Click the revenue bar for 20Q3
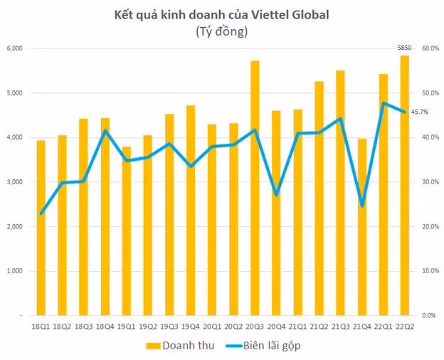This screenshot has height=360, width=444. click(255, 188)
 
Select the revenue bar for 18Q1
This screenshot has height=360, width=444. click(41, 228)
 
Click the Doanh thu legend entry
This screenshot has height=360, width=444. click(176, 345)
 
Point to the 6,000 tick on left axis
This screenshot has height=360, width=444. click(16, 48)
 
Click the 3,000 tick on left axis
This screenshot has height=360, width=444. click(16, 182)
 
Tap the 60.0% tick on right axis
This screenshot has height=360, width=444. click(430, 48)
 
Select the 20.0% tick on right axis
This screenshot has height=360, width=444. click(430, 226)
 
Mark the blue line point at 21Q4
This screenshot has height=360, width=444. click(361, 206)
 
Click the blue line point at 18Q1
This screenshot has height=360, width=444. click(41, 213)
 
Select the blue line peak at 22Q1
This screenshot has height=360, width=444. click(383, 103)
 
